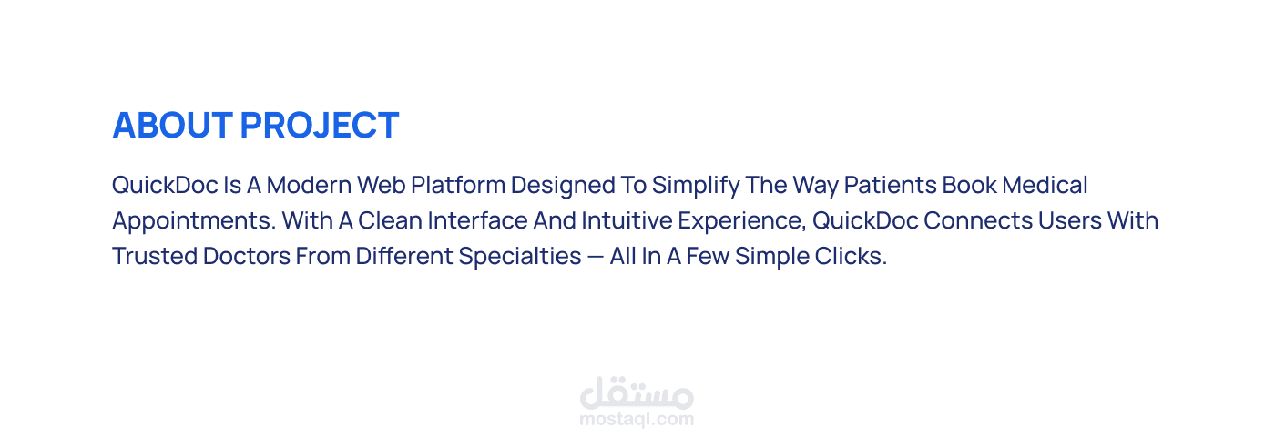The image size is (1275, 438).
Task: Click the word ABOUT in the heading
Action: [172, 125]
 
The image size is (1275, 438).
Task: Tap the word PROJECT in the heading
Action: [320, 125]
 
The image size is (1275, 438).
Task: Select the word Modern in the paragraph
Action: [309, 185]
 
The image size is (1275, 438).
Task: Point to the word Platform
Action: [458, 185]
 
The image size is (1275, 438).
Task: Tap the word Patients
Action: [891, 185]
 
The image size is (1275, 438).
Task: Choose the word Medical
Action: [1045, 185]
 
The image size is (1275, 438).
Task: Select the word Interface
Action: [477, 220]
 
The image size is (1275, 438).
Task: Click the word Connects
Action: [978, 220]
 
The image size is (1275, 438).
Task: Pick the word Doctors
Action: [247, 255]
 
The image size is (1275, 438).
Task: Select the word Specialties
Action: [520, 257]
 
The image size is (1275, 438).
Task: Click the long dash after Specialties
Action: [596, 257]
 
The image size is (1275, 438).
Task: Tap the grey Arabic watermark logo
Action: [637, 393]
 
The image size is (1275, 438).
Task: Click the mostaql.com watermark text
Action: [637, 419]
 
